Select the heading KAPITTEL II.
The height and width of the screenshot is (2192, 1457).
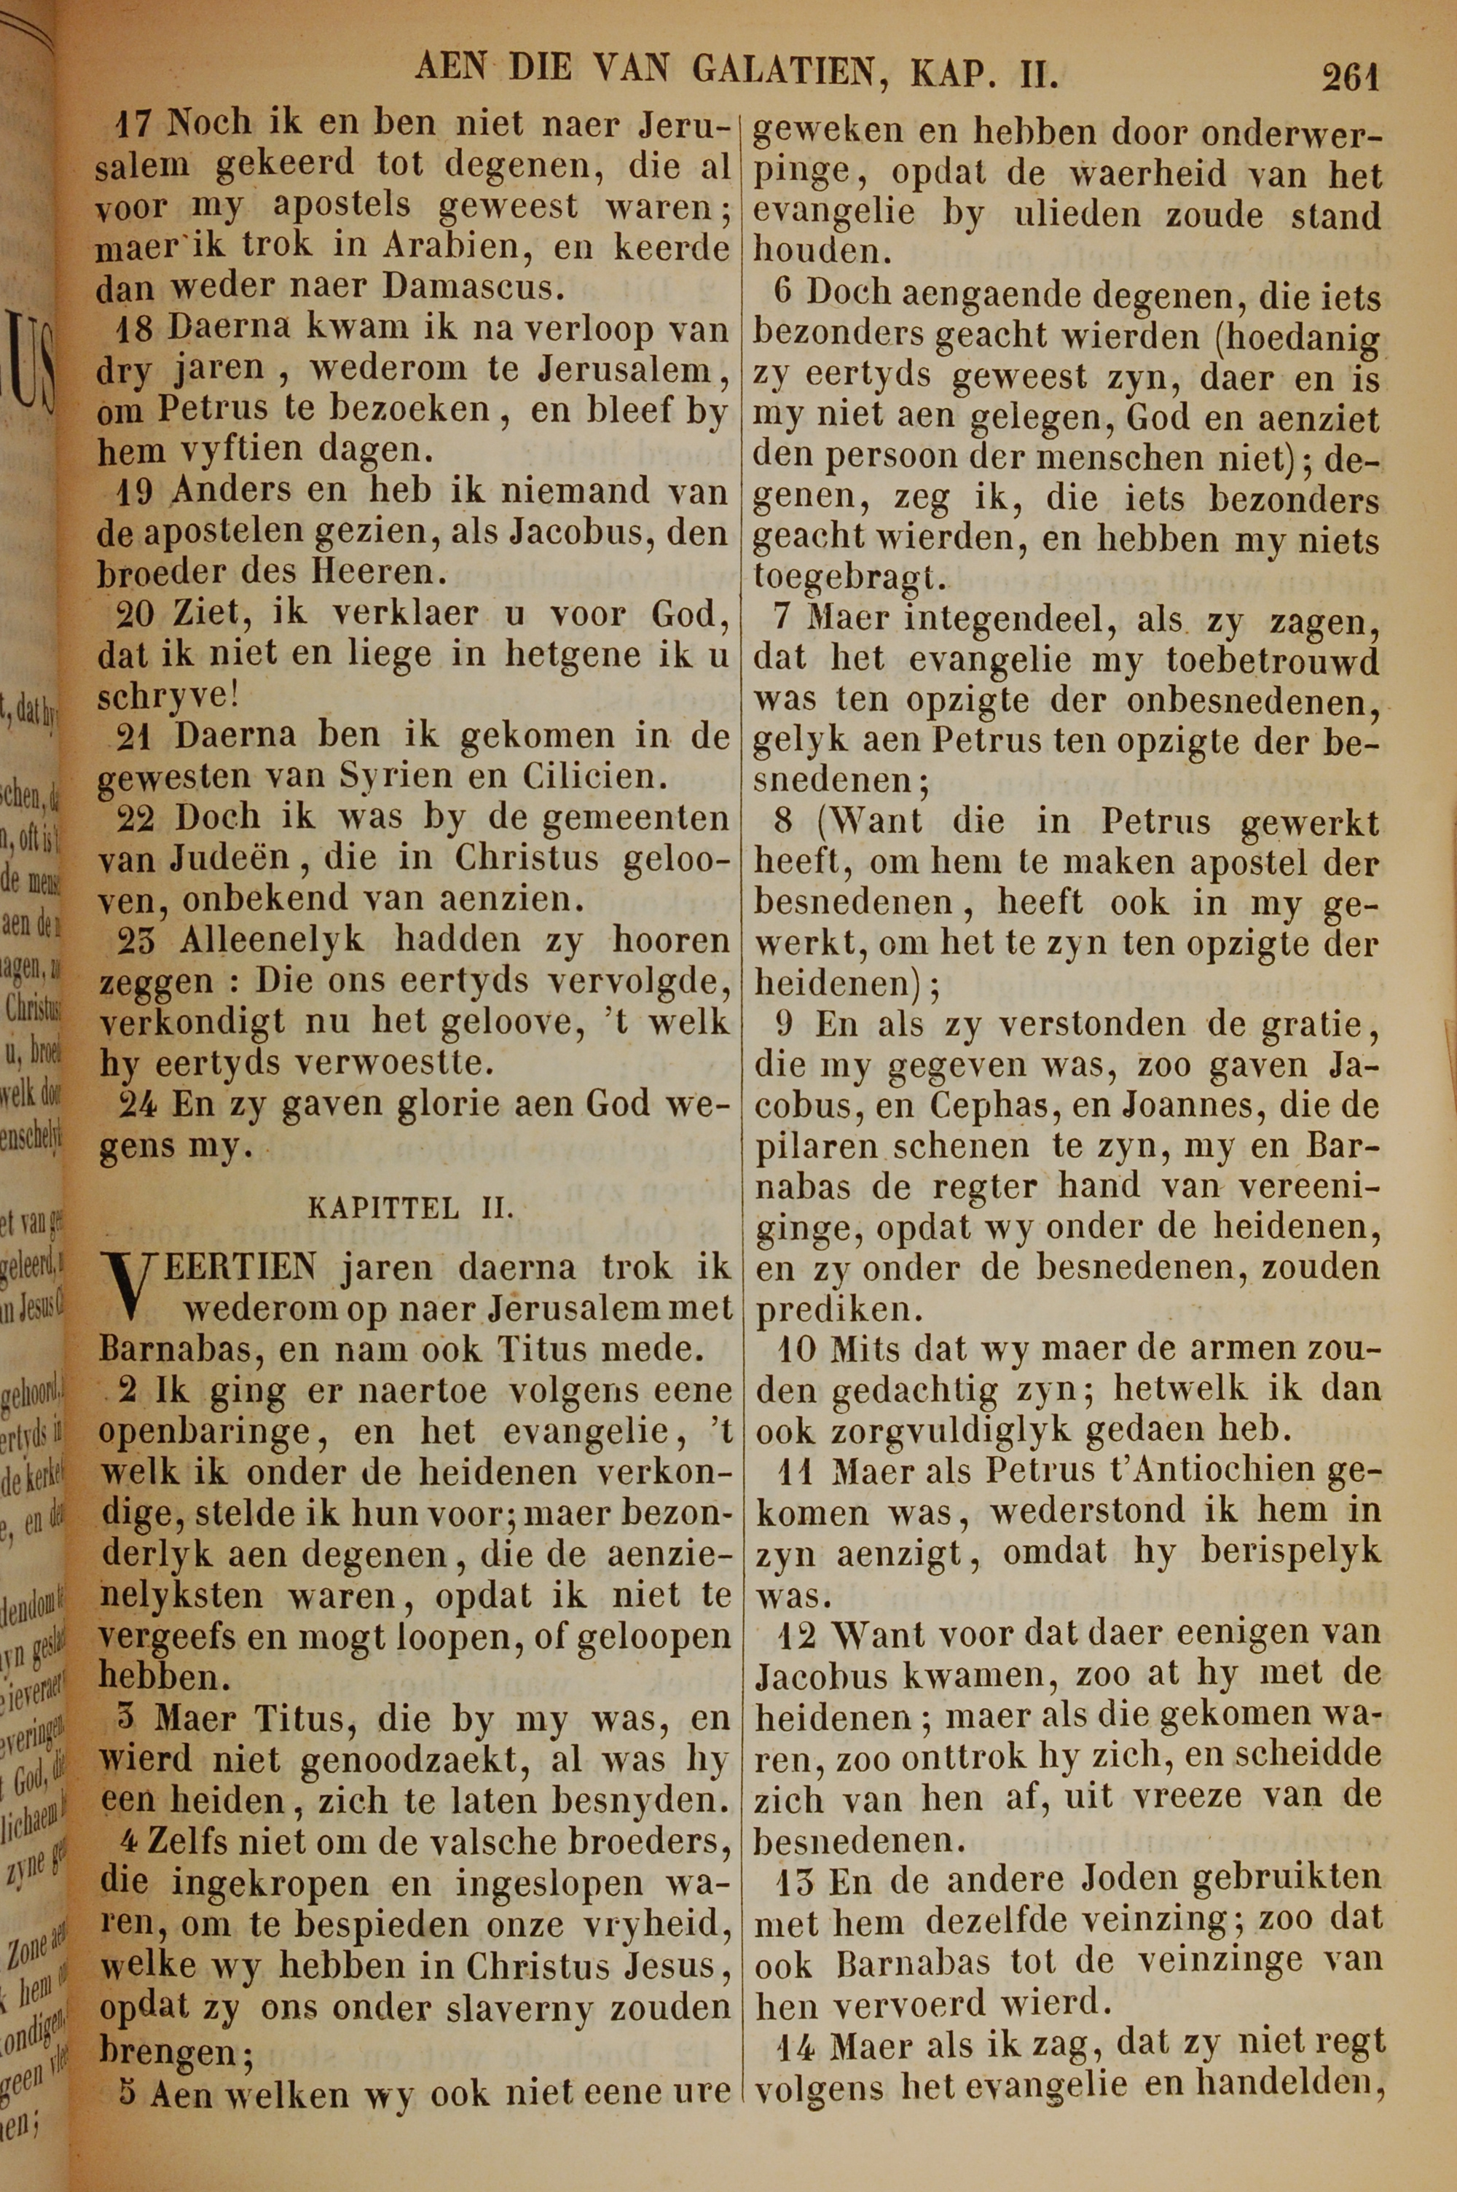(409, 1208)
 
